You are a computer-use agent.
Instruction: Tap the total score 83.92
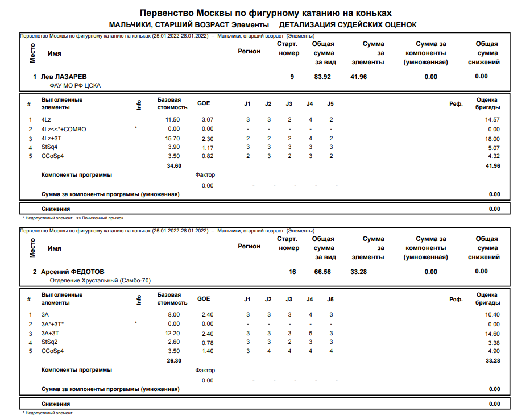pyautogui.click(x=323, y=77)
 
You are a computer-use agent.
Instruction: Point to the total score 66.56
pyautogui.click(x=323, y=272)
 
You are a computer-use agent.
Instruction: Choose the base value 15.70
pyautogui.click(x=172, y=139)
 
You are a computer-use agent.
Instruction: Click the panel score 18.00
pyautogui.click(x=492, y=139)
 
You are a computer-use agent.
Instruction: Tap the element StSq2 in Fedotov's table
pyautogui.click(x=50, y=343)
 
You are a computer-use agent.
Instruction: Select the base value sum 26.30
pyautogui.click(x=173, y=360)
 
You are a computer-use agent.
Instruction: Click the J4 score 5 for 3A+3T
pyautogui.click(x=309, y=334)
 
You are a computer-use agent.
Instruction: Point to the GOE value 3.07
pyautogui.click(x=208, y=120)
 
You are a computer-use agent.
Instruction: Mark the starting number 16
pyautogui.click(x=292, y=272)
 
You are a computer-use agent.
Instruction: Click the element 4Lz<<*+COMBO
pyautogui.click(x=64, y=129)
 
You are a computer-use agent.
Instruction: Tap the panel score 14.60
pyautogui.click(x=492, y=334)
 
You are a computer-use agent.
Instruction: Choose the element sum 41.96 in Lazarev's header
pyautogui.click(x=359, y=77)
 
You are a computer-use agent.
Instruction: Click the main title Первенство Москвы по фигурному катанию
pyautogui.click(x=265, y=13)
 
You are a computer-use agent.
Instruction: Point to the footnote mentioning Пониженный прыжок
pyautogui.click(x=99, y=218)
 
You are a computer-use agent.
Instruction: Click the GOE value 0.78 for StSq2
pyautogui.click(x=208, y=343)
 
